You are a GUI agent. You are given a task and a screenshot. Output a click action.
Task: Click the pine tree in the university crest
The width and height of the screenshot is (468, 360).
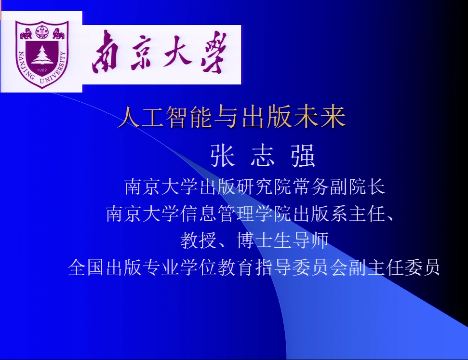(x=42, y=55)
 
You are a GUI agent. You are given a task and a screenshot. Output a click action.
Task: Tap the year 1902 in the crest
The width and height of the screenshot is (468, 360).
(x=42, y=70)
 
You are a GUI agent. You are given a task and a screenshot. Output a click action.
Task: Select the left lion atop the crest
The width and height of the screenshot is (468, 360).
(x=26, y=34)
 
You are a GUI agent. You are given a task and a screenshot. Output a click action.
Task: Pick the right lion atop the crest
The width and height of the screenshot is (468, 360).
(x=58, y=34)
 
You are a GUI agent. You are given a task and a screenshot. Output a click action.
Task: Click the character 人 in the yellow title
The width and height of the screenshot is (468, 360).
(x=129, y=117)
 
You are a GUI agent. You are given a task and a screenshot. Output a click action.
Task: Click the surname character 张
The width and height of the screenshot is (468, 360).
(x=222, y=155)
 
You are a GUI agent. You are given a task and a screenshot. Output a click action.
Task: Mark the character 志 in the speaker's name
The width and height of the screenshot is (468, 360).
(x=263, y=155)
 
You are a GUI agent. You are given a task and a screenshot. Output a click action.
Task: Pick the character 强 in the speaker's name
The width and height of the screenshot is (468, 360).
(x=303, y=155)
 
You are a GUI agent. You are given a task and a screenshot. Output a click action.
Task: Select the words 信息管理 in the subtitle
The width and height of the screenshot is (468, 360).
(x=217, y=213)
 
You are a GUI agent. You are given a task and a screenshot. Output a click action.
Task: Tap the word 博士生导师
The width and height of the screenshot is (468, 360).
(x=282, y=240)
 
